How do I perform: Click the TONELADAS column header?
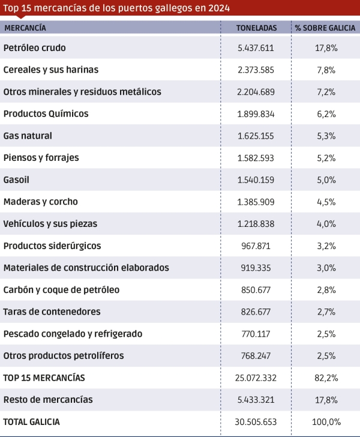point(256,28)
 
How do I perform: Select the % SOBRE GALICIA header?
point(325,28)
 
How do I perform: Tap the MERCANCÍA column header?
point(25,28)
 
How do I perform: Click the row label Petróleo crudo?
point(35,47)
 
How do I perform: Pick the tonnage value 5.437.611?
point(256,48)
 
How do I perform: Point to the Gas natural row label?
point(28,136)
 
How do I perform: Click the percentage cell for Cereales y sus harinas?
point(326,70)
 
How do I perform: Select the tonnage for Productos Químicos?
point(256,114)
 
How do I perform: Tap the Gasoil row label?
point(16,179)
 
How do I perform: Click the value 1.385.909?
point(256,202)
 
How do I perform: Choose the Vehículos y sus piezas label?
point(50,223)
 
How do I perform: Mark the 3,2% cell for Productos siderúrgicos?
point(326,246)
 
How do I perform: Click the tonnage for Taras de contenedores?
point(256,312)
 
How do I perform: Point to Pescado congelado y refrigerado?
point(73,334)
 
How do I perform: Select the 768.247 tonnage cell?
point(256,355)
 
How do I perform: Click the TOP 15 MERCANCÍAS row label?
point(44,378)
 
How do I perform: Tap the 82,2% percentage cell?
point(326,378)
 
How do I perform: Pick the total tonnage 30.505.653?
point(256,422)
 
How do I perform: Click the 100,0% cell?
point(326,422)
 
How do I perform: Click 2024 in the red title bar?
point(219,8)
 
